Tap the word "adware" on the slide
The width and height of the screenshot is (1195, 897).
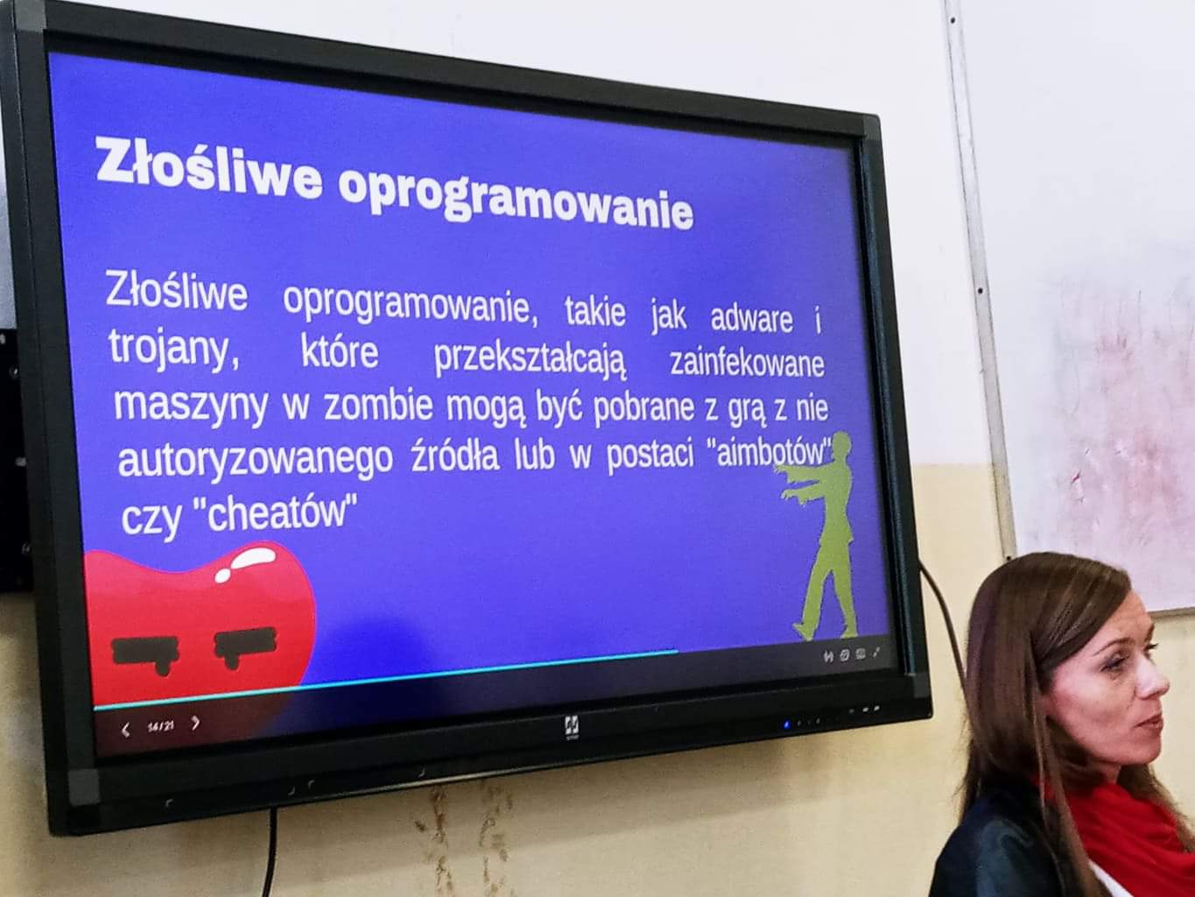pyautogui.click(x=751, y=318)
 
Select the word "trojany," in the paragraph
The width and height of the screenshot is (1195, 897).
pyautogui.click(x=173, y=349)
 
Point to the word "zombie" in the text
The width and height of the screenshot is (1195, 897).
pyautogui.click(x=378, y=406)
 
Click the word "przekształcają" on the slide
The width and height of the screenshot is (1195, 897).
pyautogui.click(x=531, y=359)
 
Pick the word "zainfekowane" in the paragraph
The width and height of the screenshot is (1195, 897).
pyautogui.click(x=748, y=364)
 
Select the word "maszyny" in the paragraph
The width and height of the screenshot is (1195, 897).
pyautogui.click(x=191, y=406)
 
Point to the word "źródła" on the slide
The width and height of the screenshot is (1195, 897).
pyautogui.click(x=454, y=456)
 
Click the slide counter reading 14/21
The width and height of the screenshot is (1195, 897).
pyautogui.click(x=160, y=726)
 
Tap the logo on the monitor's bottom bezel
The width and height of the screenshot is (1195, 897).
pyautogui.click(x=571, y=728)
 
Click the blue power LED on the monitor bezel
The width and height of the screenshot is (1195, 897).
pyautogui.click(x=785, y=725)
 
